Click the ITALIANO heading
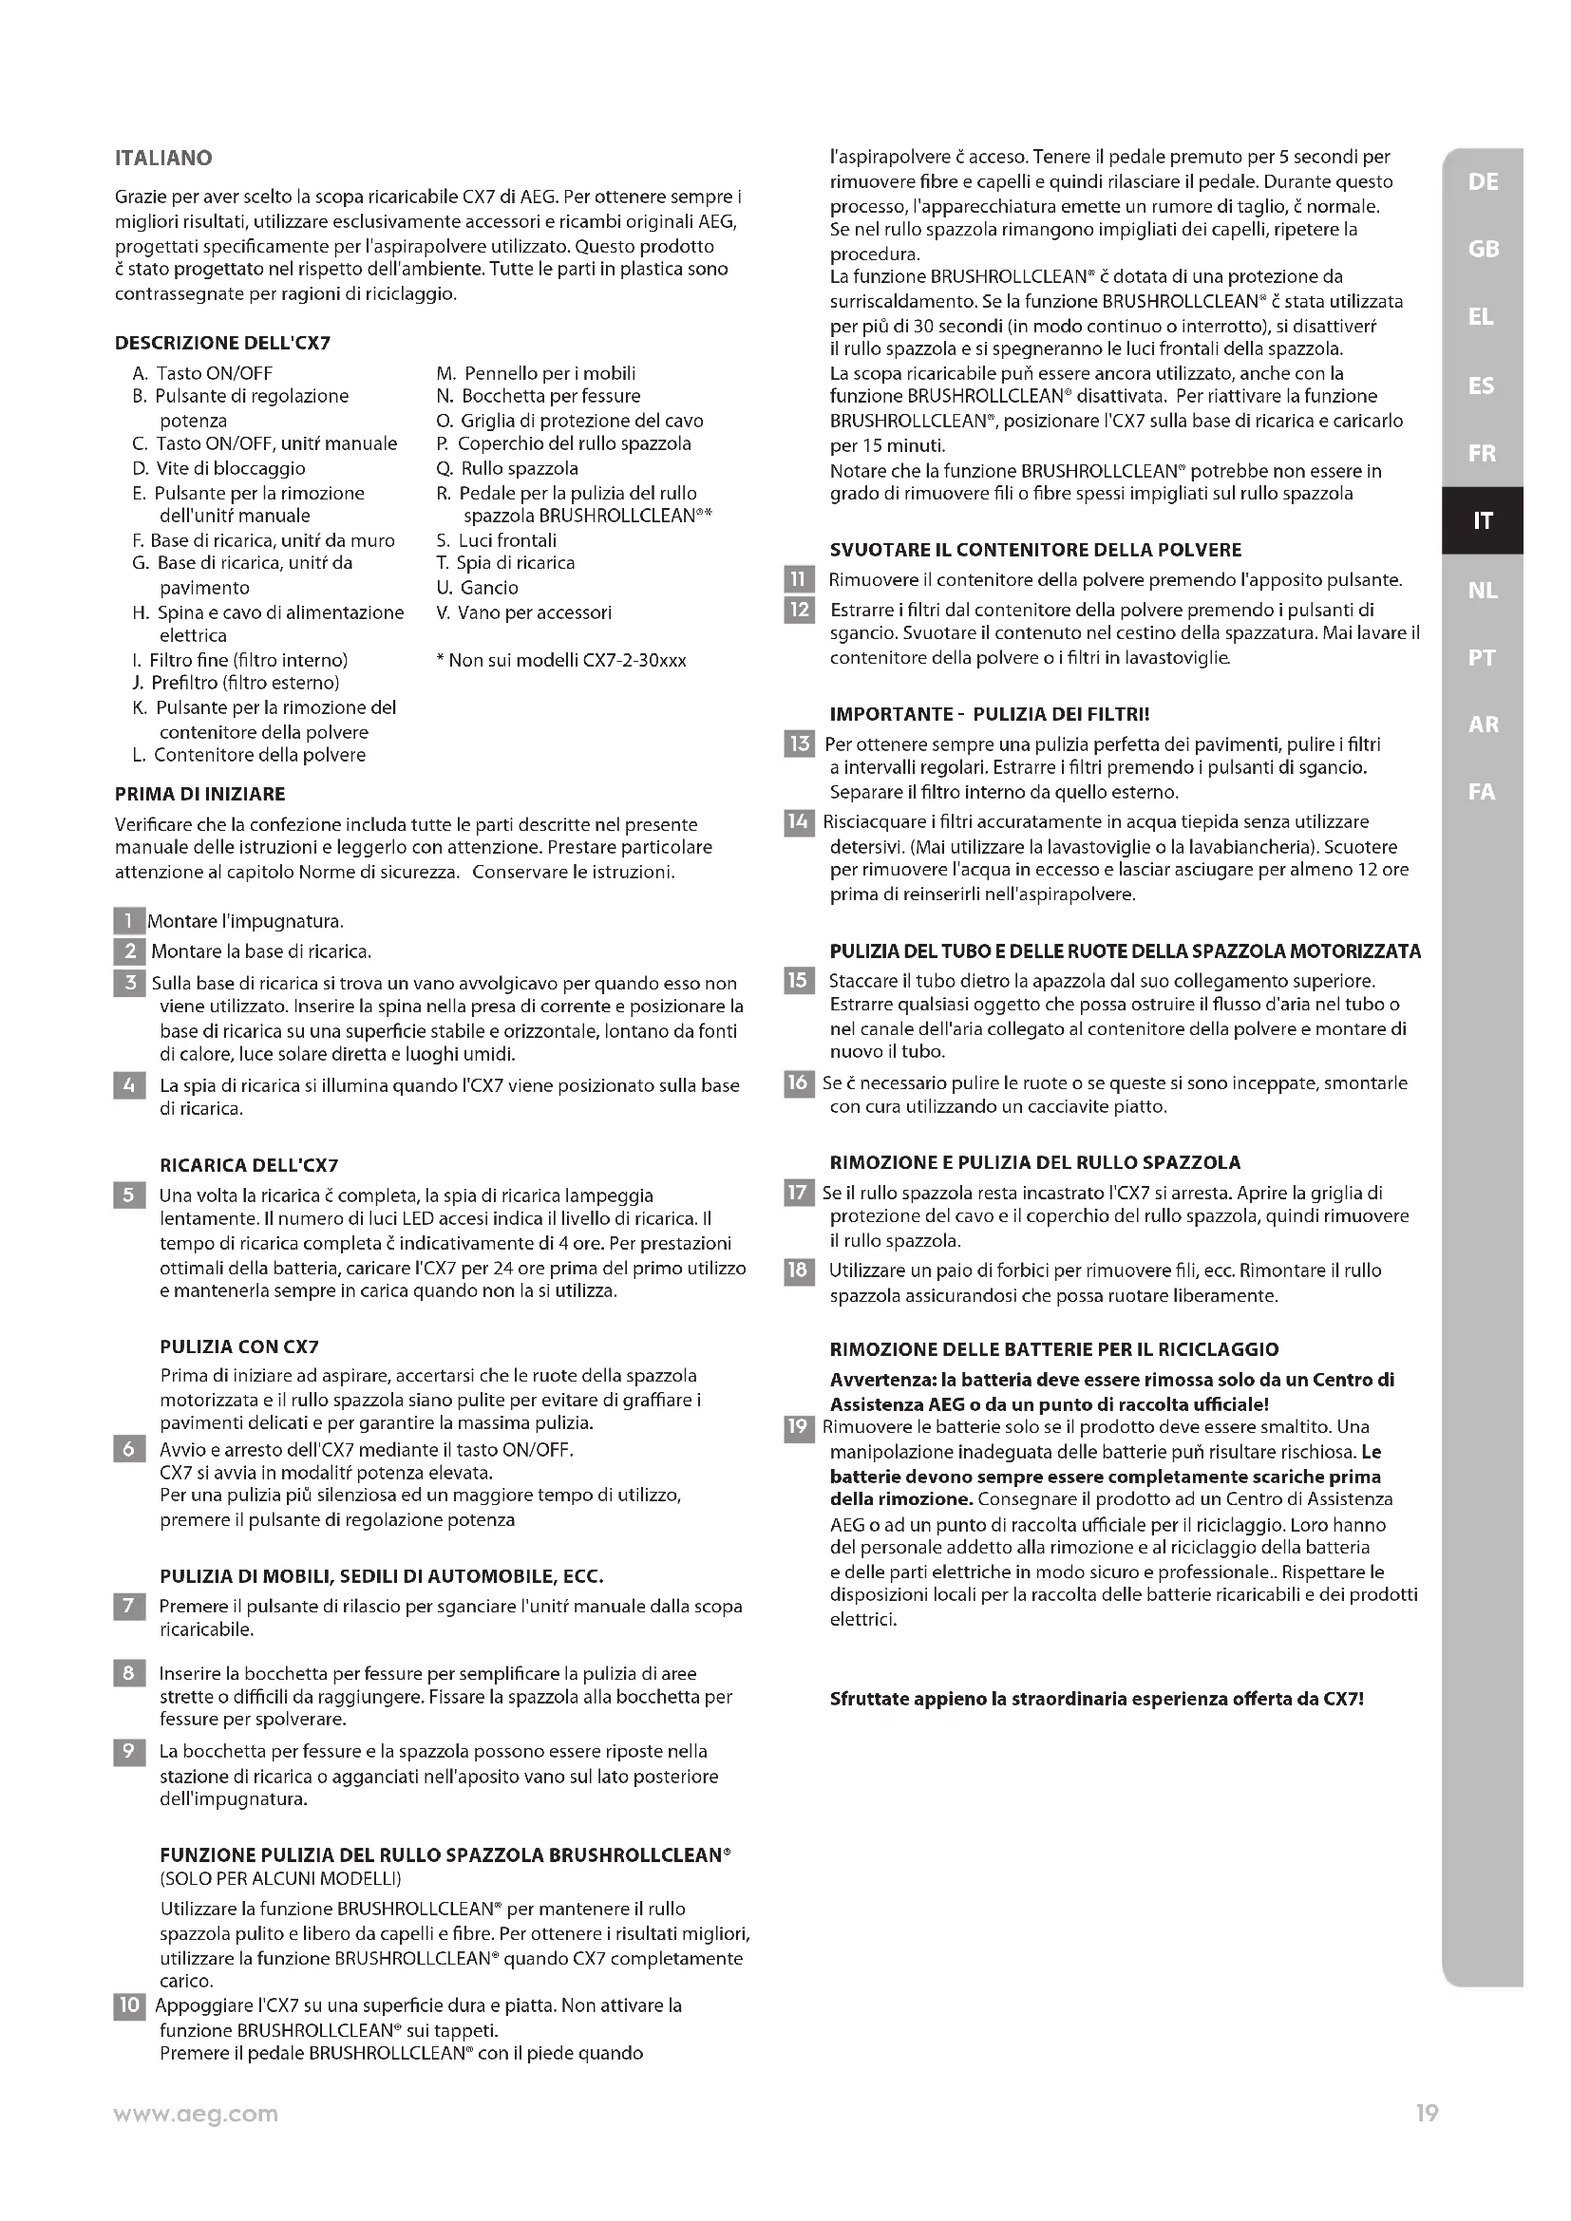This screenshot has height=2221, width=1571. coord(163,158)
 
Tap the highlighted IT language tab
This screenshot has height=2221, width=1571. coord(1482,520)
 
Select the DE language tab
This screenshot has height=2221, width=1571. coord(1482,182)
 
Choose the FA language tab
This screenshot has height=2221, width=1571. coord(1481,792)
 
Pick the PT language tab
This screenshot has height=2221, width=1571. coord(1481,658)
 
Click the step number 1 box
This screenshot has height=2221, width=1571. coord(128,921)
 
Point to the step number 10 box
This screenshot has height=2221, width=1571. coord(129,2005)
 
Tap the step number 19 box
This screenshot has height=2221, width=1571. coord(798,1427)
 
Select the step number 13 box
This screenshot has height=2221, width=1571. coord(799,743)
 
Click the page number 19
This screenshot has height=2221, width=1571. coord(1427,2114)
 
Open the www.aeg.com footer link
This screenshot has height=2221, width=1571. coord(196,2115)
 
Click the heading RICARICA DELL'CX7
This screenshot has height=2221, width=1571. coord(249,1166)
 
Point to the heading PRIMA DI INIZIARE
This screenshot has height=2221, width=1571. coord(200,794)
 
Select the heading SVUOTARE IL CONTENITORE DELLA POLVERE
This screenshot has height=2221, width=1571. coord(1035,551)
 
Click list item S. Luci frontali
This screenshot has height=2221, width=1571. coord(496,540)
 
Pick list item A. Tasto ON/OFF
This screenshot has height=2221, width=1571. coord(202,373)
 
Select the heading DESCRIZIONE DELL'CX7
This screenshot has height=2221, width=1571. coord(222,344)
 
